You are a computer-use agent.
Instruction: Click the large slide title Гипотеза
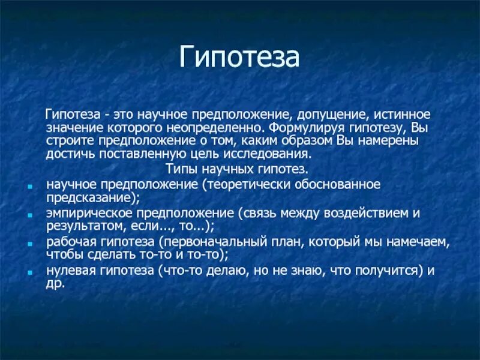[239, 58]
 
